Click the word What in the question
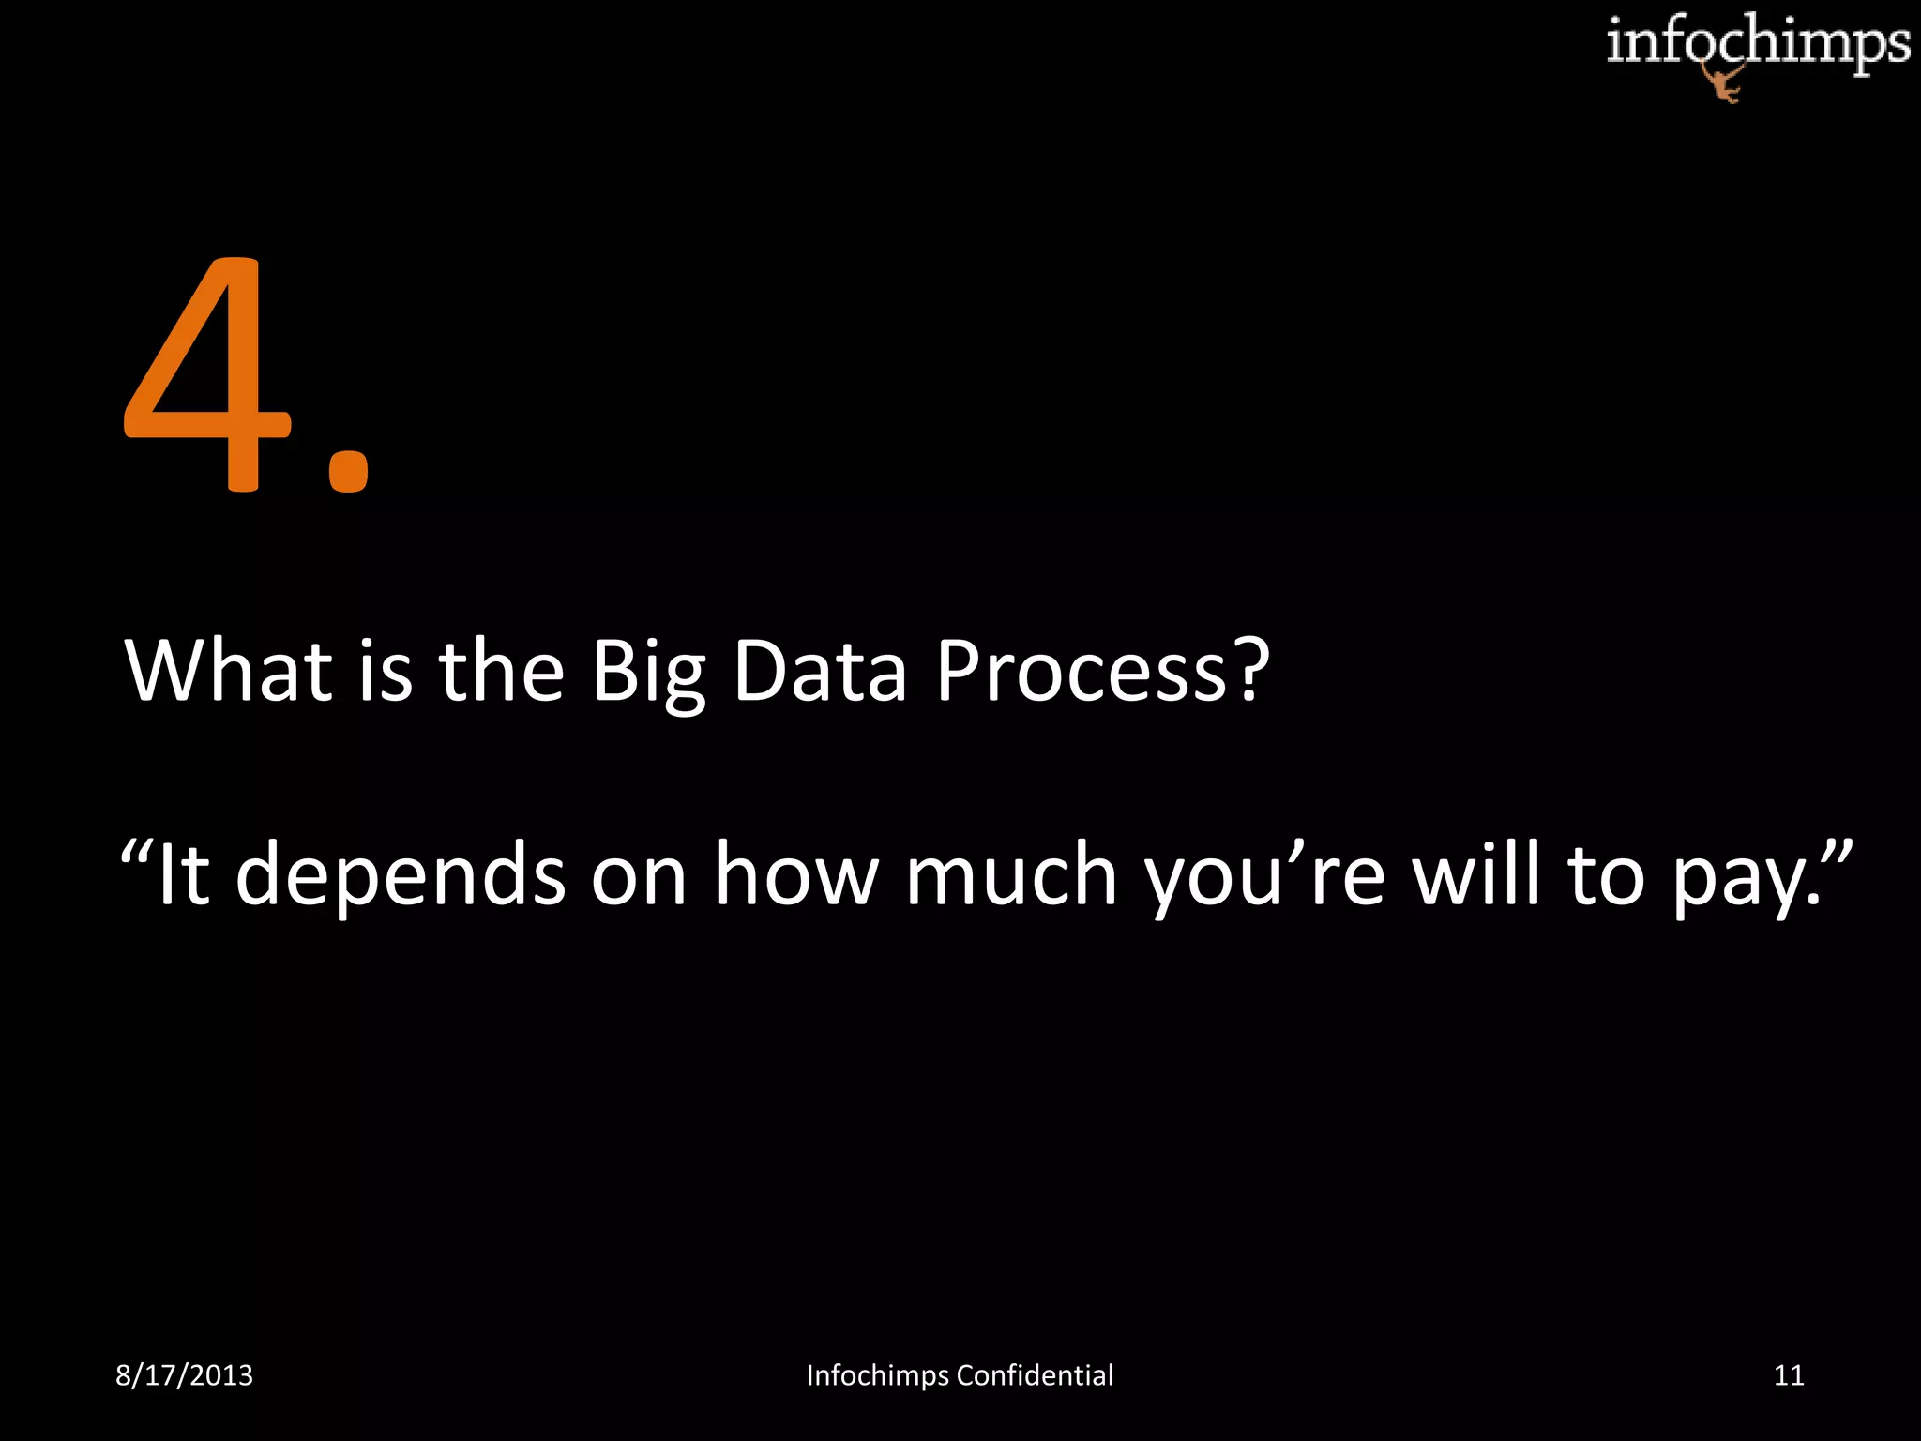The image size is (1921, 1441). (x=229, y=671)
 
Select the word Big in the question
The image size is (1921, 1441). (x=646, y=673)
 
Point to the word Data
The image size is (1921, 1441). (x=820, y=671)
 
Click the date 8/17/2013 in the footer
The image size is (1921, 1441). (x=184, y=1375)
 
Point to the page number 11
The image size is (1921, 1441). (x=1789, y=1375)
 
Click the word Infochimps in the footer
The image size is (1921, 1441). (x=877, y=1375)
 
